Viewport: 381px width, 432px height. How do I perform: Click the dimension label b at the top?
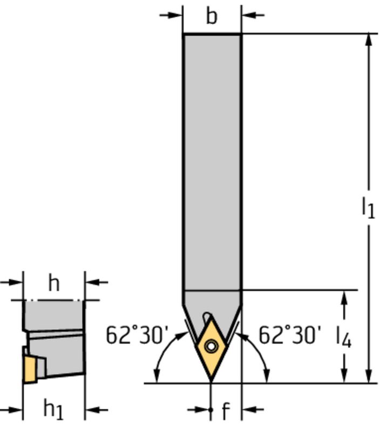click(212, 16)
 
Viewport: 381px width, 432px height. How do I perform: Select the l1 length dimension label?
click(368, 208)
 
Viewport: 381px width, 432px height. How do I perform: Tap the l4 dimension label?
click(344, 337)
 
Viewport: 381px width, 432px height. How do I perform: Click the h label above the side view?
click(53, 282)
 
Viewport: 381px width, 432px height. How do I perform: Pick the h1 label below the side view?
click(53, 410)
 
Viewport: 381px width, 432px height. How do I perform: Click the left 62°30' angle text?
click(134, 335)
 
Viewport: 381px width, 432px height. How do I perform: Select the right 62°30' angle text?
click(290, 335)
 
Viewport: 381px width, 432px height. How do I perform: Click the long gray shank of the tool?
click(212, 162)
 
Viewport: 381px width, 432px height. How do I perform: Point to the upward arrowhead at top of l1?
click(369, 40)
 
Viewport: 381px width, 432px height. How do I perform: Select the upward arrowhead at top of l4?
click(344, 297)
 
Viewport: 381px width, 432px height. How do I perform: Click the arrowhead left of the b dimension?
click(176, 15)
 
